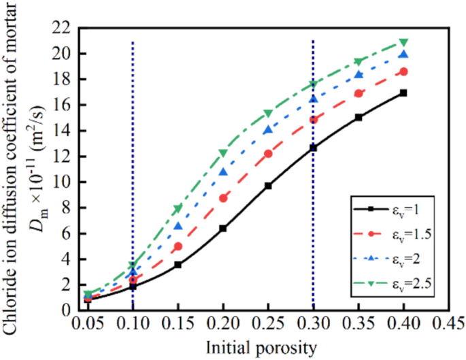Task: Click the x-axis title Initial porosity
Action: (x=267, y=348)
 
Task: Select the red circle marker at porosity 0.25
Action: (x=268, y=154)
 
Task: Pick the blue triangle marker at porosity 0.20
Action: (x=223, y=172)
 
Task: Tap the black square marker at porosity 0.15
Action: (x=178, y=265)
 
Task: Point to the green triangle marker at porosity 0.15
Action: (x=178, y=208)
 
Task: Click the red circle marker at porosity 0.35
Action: (x=359, y=94)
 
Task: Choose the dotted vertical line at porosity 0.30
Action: (x=313, y=204)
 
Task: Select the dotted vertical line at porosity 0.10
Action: (x=133, y=170)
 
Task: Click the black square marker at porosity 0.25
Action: (x=268, y=186)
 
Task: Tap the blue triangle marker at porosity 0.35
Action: (x=359, y=75)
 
